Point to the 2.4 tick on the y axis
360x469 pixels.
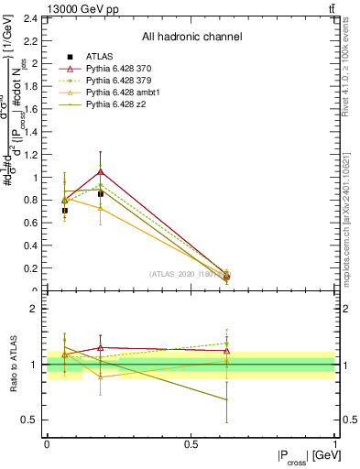[31, 17]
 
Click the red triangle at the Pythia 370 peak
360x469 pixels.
[100, 171]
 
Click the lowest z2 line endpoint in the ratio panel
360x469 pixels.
[226, 399]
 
